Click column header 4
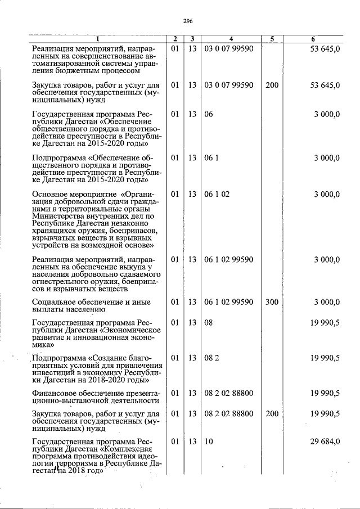coord(231,39)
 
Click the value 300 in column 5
coord(272,302)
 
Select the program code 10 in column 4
coord(209,442)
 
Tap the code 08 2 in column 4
coord(211,358)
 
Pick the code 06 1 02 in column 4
coord(217,194)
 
